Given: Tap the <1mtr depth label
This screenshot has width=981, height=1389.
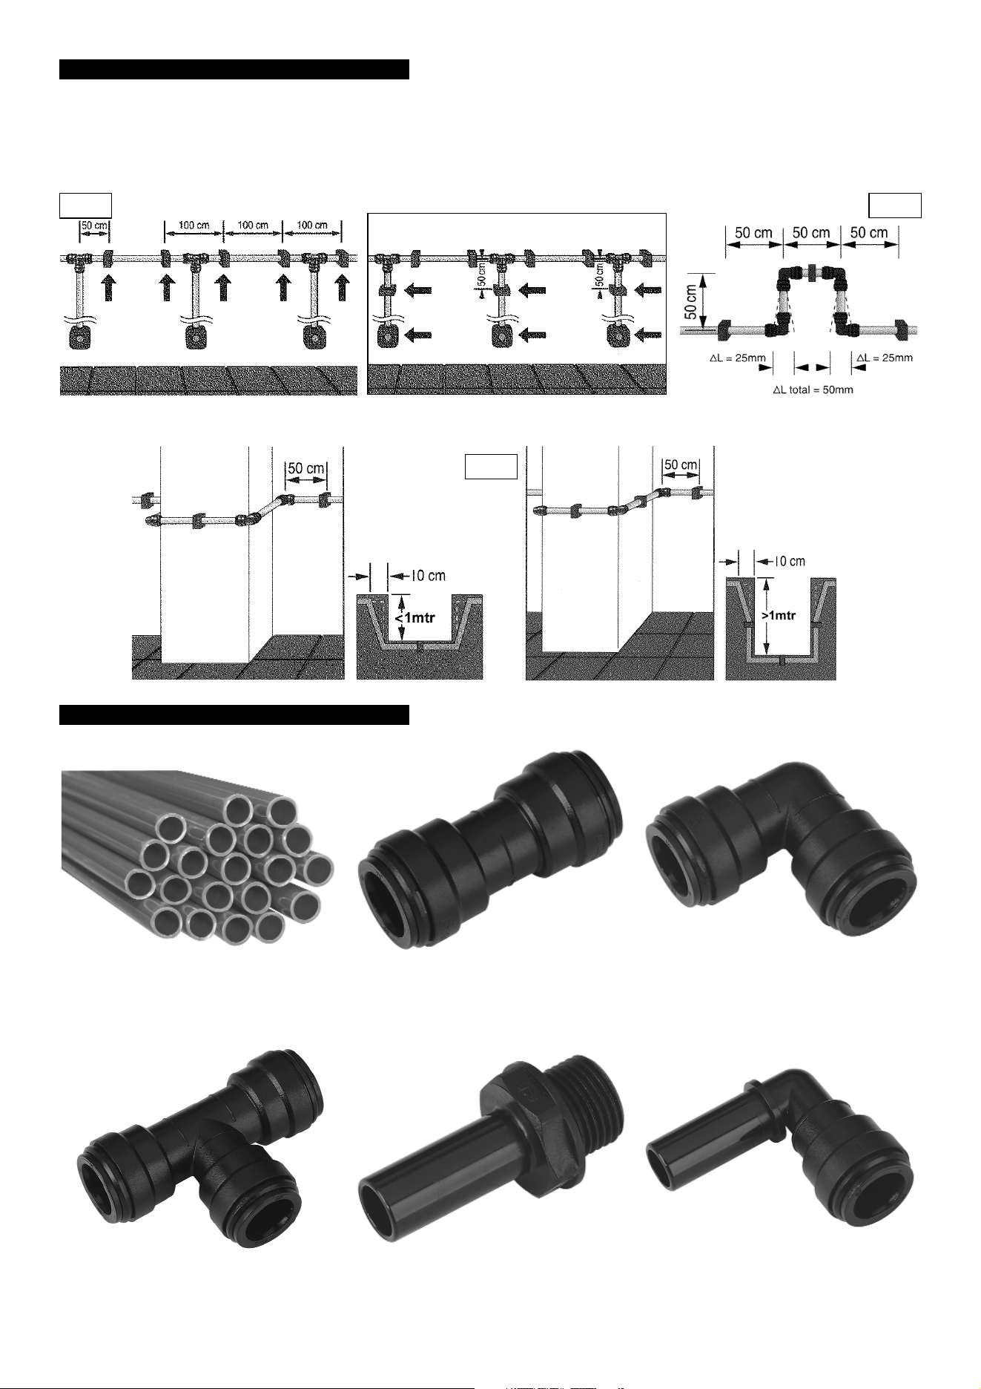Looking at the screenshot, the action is (414, 618).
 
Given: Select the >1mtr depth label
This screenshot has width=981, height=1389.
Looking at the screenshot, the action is (779, 614).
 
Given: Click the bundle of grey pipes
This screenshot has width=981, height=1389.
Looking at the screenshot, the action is (197, 857).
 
